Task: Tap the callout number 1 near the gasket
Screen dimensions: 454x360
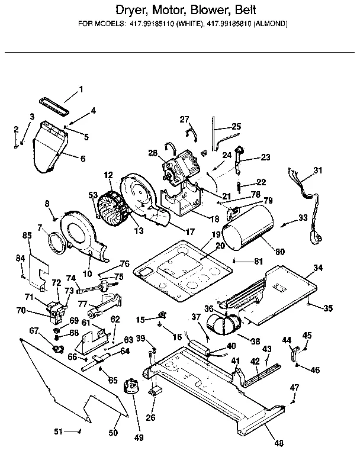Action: coord(82,90)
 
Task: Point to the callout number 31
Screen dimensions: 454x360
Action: coord(319,171)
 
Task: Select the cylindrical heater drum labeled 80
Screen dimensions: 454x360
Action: coord(245,231)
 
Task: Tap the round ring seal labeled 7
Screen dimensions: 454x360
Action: coord(56,243)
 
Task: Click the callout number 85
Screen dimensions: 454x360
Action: coord(27,235)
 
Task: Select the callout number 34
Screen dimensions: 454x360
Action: coord(318,268)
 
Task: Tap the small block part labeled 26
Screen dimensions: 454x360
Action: coord(156,391)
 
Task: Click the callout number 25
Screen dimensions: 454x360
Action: coord(236,126)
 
